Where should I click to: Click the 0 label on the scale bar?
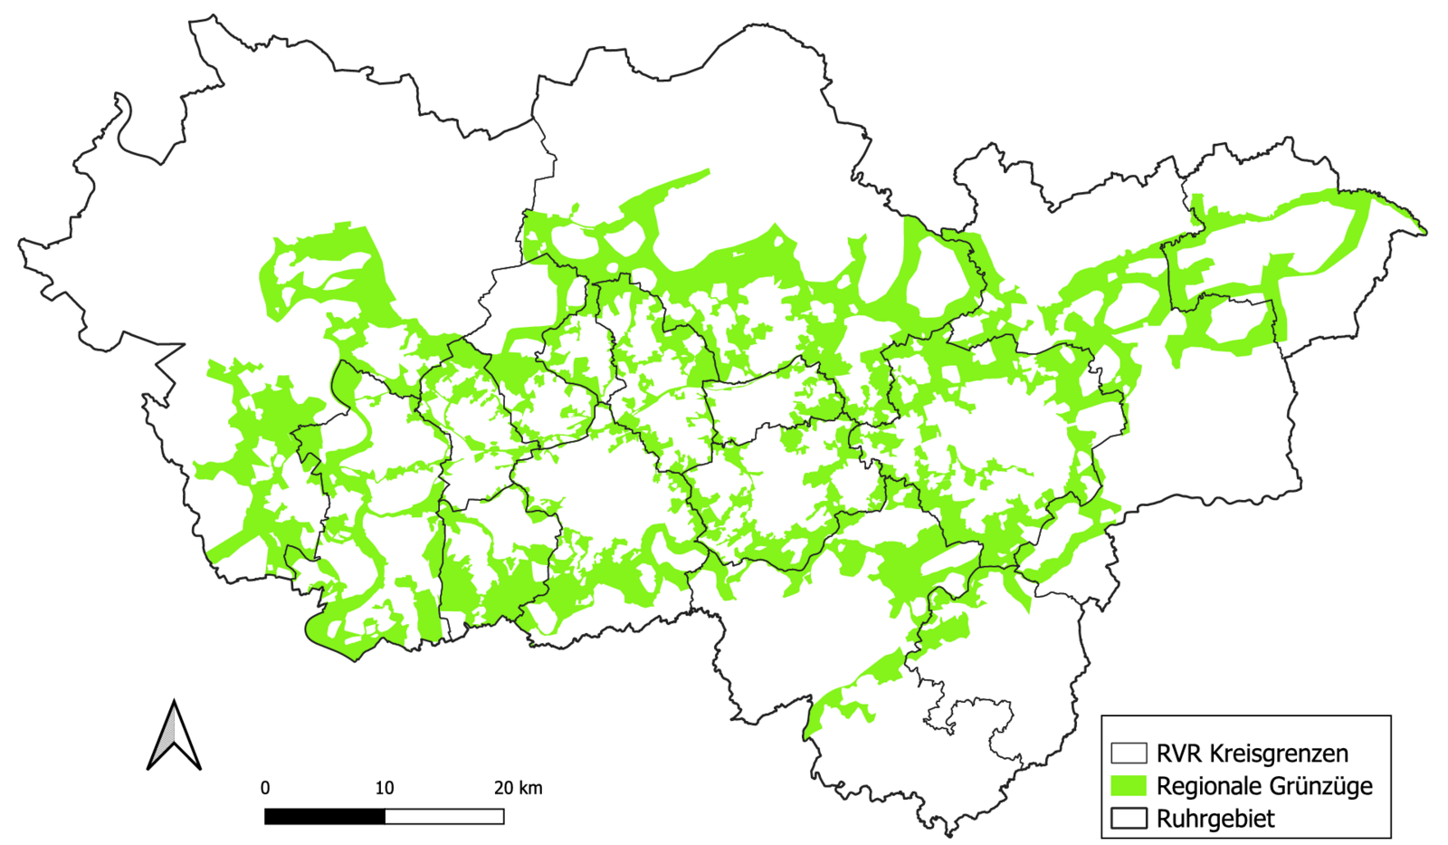pos(264,788)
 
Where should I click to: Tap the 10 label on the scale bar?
pos(385,788)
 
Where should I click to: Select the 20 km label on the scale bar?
pos(518,788)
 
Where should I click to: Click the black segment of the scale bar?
pos(324,817)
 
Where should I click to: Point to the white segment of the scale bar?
pos(444,817)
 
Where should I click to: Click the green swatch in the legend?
pos(1129,786)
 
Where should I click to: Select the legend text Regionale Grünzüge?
pos(1264,786)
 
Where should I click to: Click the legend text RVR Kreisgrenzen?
pos(1252,754)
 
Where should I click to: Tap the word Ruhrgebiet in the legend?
pos(1215,819)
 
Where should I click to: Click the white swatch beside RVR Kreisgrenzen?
pos(1129,754)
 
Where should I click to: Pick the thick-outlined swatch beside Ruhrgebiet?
pos(1129,819)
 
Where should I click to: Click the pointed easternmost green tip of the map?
pos(1424,231)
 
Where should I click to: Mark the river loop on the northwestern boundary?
pos(124,118)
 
